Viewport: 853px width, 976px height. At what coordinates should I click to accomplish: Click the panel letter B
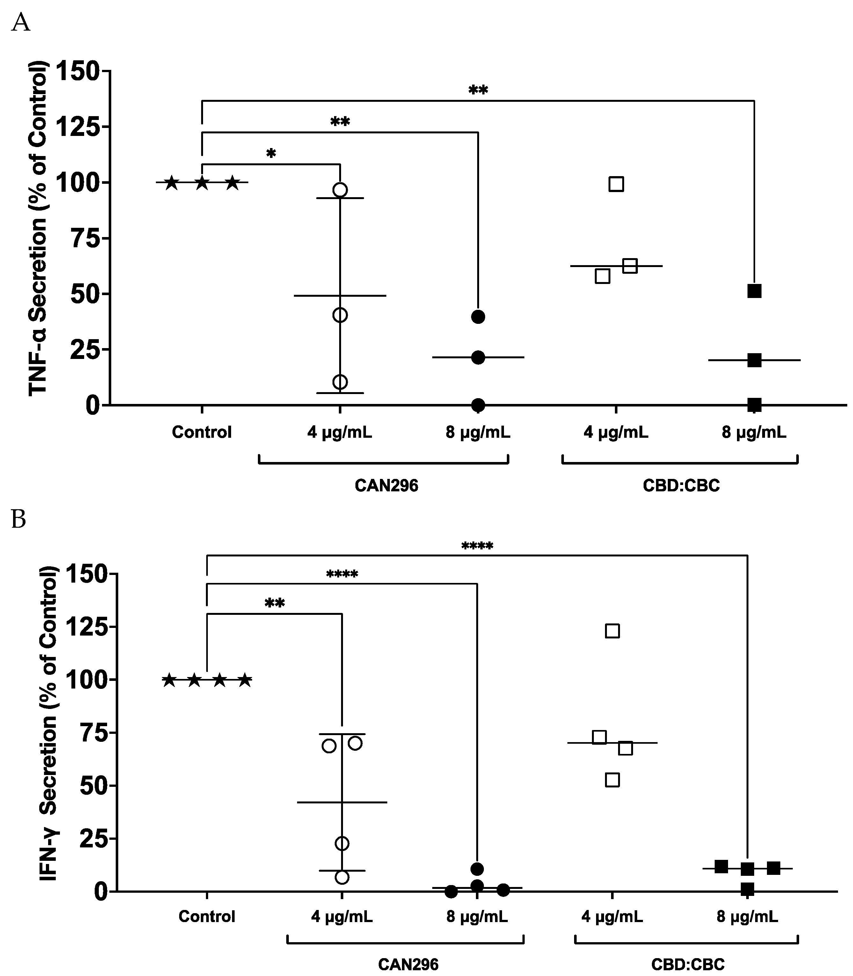(x=18, y=520)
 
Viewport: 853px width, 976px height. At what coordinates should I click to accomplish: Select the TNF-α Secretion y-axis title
(x=38, y=229)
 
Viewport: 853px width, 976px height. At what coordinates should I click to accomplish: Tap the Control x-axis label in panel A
(x=202, y=432)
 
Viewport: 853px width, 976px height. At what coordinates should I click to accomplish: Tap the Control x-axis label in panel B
(x=207, y=916)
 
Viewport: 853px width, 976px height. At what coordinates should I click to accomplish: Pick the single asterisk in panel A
(x=271, y=154)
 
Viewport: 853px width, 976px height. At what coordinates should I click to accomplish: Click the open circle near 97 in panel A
(x=340, y=190)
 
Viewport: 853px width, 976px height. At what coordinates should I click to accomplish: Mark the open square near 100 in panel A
(x=616, y=184)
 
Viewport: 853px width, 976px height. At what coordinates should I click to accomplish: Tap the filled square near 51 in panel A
(x=754, y=291)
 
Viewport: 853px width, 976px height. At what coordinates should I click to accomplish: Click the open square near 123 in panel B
(x=612, y=631)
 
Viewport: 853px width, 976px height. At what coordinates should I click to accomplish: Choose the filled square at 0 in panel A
(x=754, y=405)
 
